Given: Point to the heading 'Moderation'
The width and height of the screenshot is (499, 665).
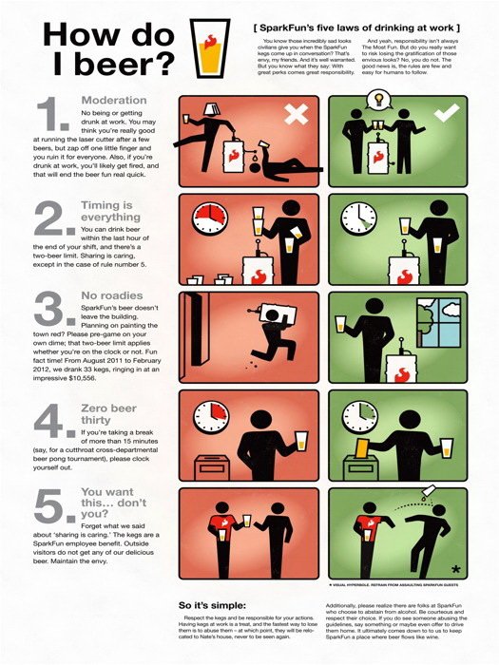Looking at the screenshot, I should pos(113,100).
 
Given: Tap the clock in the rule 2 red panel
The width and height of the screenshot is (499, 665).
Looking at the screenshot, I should pos(207,218).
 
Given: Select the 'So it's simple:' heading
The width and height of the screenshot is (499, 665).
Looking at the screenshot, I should pos(212,604).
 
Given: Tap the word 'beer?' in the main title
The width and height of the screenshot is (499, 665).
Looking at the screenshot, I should pos(119,65).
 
